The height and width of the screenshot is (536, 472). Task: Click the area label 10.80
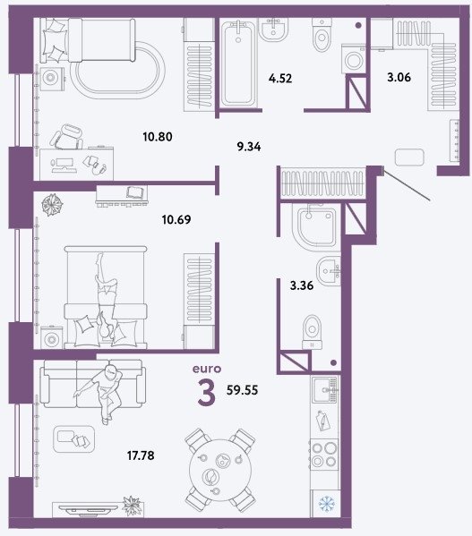158,137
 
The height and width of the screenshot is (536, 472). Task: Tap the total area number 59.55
242,389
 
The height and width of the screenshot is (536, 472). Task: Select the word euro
207,369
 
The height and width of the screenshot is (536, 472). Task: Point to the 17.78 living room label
141,455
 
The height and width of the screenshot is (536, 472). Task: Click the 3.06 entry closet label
399,77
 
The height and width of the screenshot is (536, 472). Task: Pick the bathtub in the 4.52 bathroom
238,64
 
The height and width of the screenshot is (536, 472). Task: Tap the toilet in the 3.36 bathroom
312,332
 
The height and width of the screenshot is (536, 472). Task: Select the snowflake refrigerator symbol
326,503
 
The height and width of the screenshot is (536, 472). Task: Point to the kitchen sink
326,389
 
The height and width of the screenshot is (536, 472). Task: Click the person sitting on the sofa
101,393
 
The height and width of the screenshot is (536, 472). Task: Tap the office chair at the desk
67,137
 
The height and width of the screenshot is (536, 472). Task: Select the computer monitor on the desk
64,164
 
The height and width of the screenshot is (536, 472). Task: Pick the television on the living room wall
90,509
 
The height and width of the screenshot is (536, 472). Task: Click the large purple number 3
207,392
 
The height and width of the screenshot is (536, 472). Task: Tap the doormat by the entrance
409,157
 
